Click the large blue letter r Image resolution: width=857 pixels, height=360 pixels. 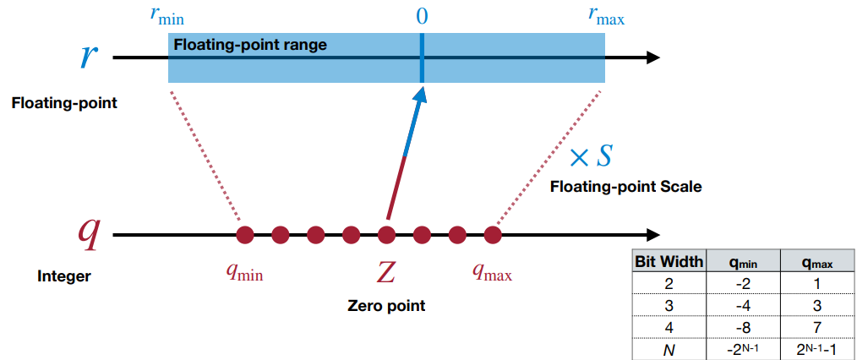coord(90,55)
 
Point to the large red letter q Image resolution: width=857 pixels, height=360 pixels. coord(89,232)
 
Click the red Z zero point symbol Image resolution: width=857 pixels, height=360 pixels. coord(385,273)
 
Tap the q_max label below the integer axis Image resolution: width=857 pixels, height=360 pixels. coord(492,272)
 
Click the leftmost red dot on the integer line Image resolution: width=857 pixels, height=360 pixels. coord(245,234)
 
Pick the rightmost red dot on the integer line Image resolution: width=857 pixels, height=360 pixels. coord(493,234)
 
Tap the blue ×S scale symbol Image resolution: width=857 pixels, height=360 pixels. coord(590,156)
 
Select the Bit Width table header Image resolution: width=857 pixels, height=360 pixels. coord(669,262)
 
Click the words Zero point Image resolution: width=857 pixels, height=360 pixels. coord(386,306)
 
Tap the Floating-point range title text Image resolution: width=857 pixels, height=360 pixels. coord(250,45)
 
